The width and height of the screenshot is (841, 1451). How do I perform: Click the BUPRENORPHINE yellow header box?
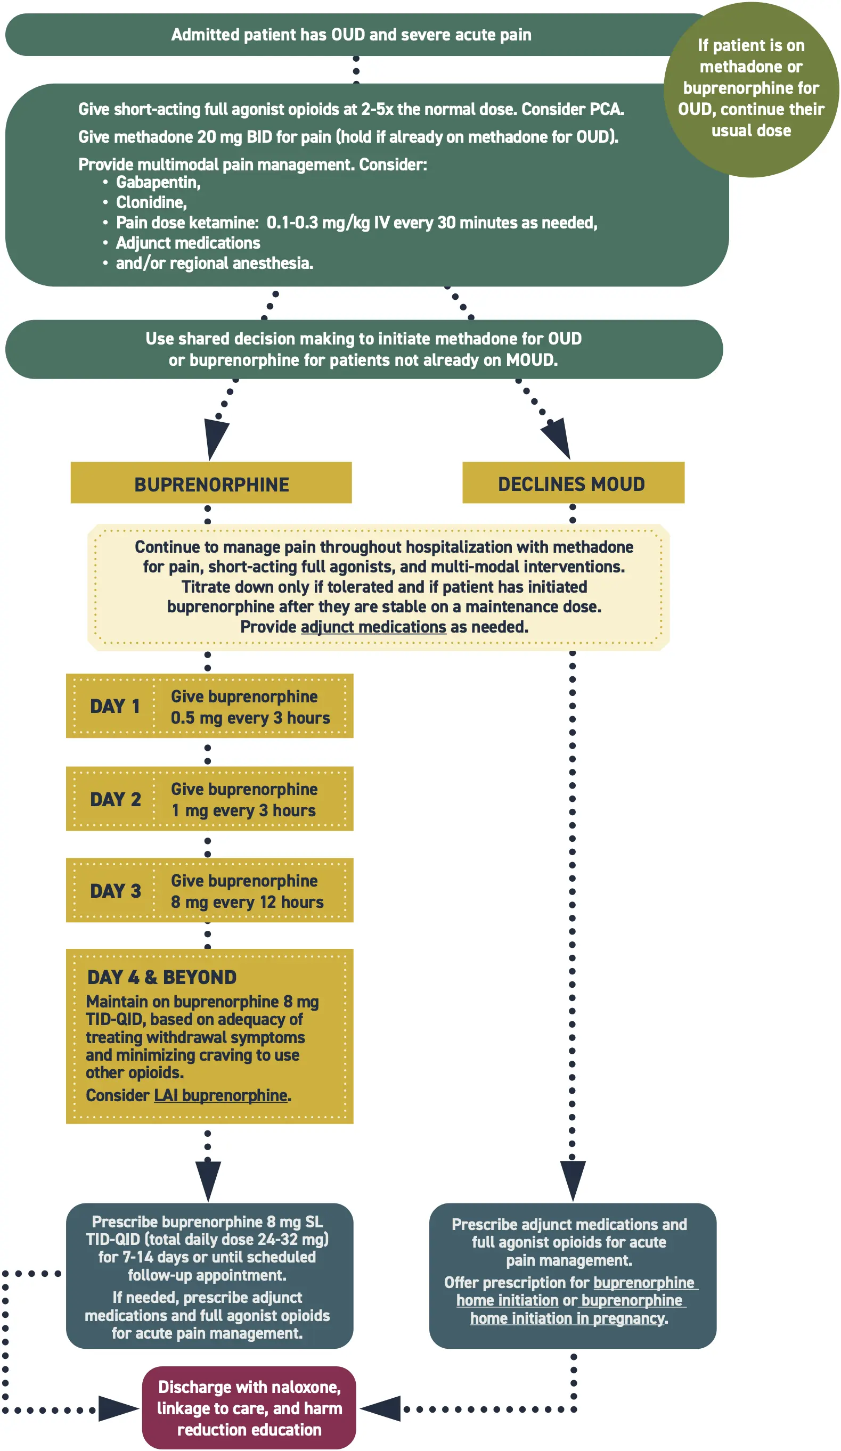point(211,483)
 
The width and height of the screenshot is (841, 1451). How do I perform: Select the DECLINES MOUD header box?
point(573,483)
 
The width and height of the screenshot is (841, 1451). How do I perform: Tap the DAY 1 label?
point(115,707)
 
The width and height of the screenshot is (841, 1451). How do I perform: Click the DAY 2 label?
point(115,799)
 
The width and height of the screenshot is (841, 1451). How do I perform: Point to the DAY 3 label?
point(115,891)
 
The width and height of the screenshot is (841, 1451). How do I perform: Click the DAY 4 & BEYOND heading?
point(162,977)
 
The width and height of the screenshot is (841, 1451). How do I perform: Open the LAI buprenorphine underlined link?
point(221,1095)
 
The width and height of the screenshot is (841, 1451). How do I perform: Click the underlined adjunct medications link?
point(373,627)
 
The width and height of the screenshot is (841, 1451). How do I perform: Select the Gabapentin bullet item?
point(158,183)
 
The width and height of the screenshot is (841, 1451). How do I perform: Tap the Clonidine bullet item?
point(151,203)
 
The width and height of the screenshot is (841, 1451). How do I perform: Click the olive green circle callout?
point(750,89)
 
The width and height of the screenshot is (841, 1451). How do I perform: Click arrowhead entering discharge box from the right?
point(381,1408)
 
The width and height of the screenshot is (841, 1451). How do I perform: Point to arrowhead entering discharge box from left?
point(118,1409)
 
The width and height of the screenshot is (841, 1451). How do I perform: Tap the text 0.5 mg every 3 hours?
point(250,718)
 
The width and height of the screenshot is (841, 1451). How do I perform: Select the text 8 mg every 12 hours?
point(247,902)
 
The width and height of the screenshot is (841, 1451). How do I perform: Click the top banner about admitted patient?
point(352,35)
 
